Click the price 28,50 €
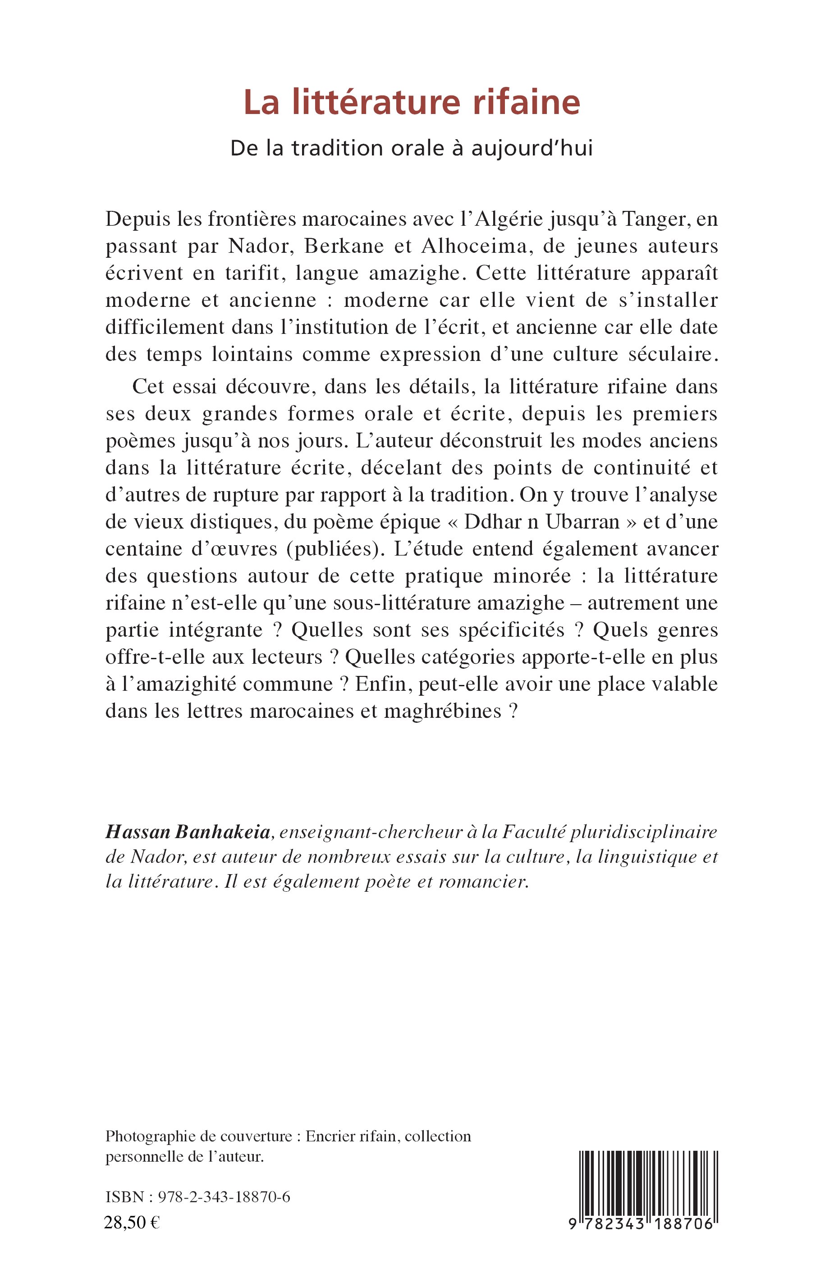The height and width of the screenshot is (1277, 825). point(132,1222)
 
